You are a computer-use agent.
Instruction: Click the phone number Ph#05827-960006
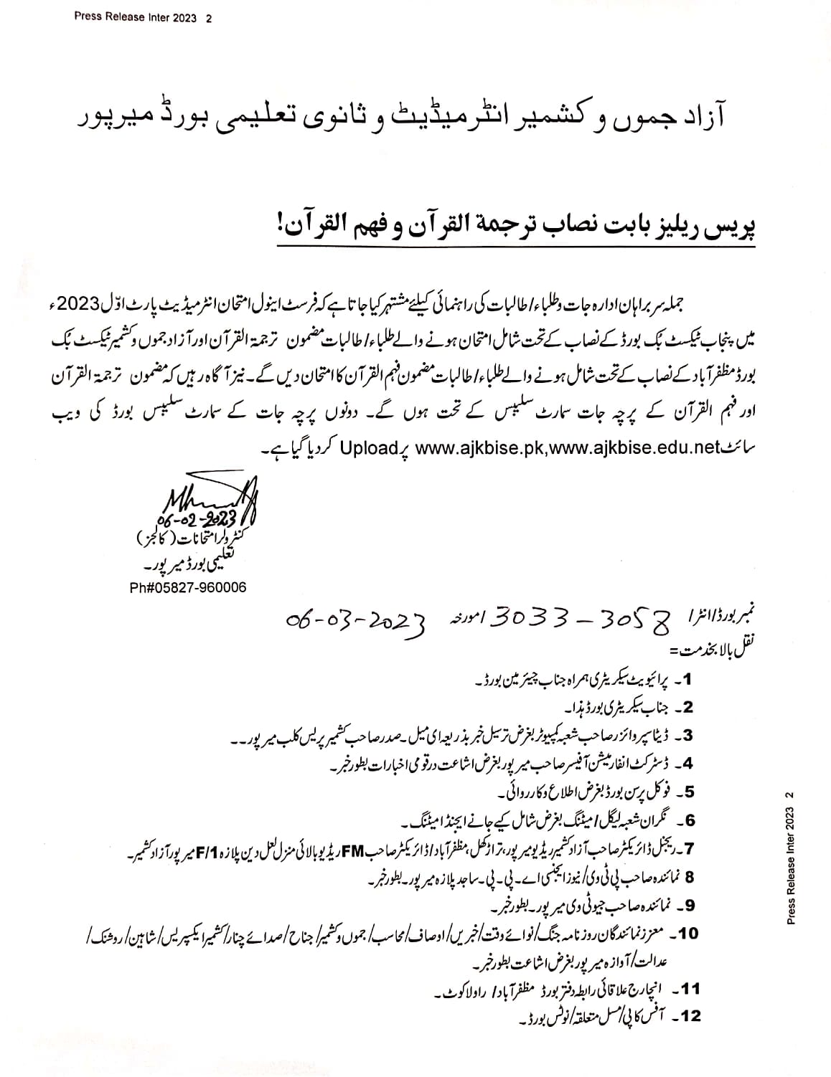pos(188,587)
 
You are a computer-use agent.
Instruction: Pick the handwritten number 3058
pos(634,617)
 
